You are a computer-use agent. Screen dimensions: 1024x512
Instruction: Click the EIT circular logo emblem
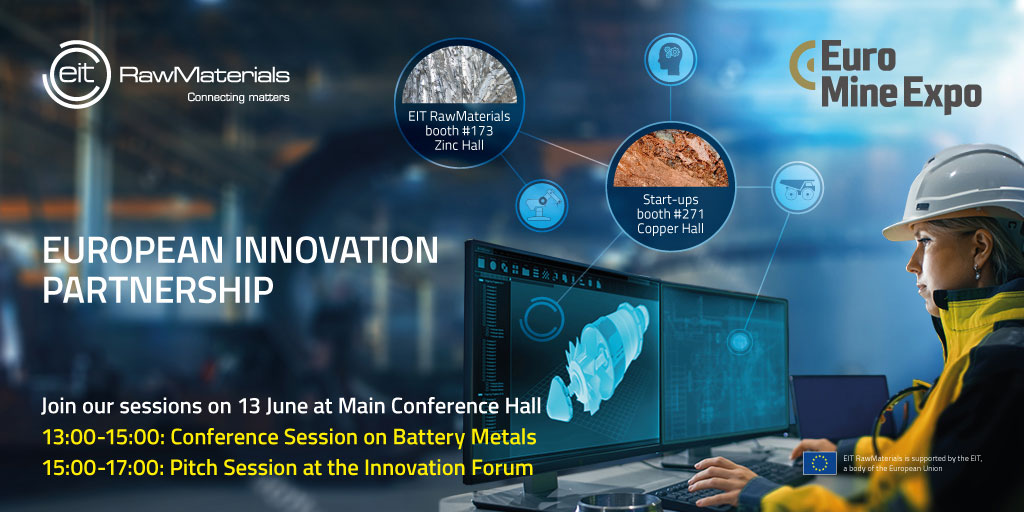76,74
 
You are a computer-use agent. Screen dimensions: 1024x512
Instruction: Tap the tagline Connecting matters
238,97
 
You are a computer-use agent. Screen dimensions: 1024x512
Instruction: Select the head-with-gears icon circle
671,59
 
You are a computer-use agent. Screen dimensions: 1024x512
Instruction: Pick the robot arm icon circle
542,206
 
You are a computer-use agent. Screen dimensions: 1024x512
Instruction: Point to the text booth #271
670,214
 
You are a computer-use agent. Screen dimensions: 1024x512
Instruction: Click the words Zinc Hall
458,145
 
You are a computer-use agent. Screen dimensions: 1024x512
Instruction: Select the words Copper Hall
670,228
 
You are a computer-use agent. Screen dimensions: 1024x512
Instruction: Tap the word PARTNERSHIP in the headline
157,290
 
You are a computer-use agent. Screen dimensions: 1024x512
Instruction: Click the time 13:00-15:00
103,438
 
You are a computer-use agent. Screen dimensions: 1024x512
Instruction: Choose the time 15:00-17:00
103,468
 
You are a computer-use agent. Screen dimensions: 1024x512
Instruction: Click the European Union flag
820,463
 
